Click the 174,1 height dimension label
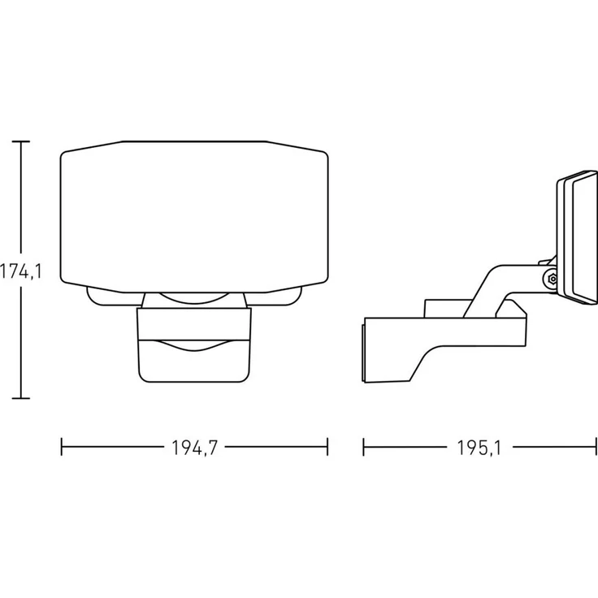(20, 272)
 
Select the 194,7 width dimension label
(194, 448)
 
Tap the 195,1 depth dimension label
(479, 448)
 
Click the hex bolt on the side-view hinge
(552, 279)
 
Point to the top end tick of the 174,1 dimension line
(20, 141)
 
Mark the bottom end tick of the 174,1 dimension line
(20, 398)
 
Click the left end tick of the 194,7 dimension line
(62, 447)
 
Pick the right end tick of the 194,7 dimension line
(327, 447)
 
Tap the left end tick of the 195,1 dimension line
(363, 447)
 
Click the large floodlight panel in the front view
(194, 217)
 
